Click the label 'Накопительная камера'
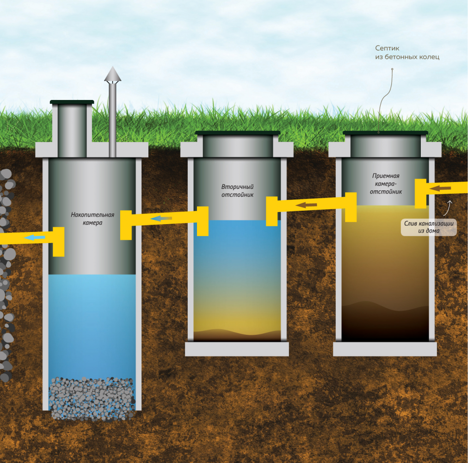pos(92,218)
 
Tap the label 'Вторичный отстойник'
pos(237,190)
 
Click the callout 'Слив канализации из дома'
pos(428,226)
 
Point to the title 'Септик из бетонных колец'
pos(407,52)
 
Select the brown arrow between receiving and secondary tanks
pos(306,204)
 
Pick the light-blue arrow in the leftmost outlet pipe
pos(34,238)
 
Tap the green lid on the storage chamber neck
pos(72,101)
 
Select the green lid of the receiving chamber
pos(385,133)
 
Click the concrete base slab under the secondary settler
pos(237,349)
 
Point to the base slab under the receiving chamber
pos(385,349)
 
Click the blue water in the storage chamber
pos(92,324)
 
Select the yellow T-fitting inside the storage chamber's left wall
pos(58,241)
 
